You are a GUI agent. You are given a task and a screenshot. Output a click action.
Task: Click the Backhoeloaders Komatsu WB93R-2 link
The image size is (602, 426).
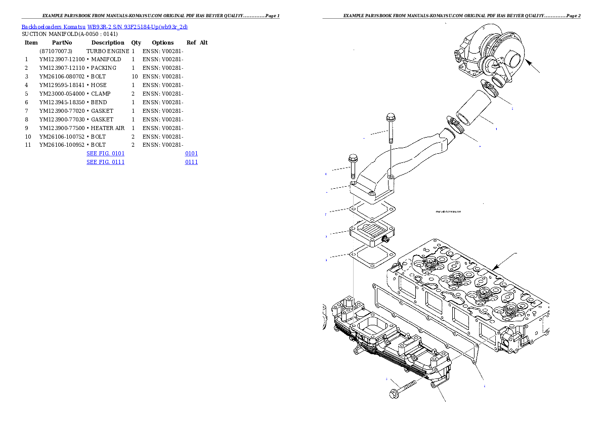click(x=104, y=26)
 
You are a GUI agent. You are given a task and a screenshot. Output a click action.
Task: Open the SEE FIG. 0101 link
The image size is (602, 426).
click(x=105, y=153)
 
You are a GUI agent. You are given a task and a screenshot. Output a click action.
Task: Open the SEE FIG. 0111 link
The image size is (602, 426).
click(x=105, y=162)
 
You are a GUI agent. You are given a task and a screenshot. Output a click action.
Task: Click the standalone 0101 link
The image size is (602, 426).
click(x=191, y=153)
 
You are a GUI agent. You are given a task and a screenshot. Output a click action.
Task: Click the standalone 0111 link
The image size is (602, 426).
click(x=191, y=162)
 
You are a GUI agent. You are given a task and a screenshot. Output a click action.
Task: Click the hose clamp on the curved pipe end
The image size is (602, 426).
click(x=456, y=125)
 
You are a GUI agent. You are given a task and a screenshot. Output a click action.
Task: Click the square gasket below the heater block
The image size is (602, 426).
click(x=373, y=259)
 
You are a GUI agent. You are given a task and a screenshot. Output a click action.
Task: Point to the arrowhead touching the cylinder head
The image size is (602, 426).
click(x=495, y=268)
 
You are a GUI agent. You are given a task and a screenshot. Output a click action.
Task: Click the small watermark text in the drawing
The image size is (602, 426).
click(x=448, y=211)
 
